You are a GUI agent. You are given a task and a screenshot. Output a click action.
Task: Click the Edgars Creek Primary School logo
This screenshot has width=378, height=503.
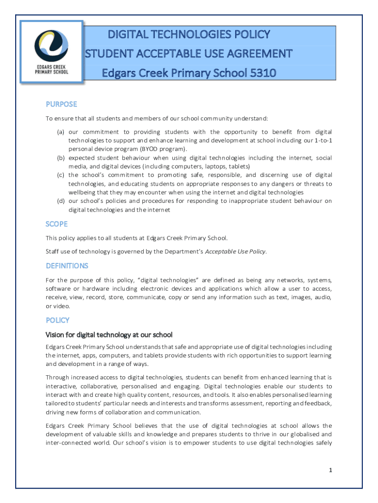51,50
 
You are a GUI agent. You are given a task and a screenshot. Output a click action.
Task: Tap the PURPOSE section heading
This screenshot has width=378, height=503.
61,104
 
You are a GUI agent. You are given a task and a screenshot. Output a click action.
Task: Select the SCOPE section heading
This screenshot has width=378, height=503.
56,224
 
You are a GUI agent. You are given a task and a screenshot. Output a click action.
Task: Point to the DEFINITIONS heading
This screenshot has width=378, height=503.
67,266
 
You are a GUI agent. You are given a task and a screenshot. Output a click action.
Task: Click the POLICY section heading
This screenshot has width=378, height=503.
57,320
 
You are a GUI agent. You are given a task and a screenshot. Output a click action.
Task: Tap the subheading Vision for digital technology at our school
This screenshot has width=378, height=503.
109,335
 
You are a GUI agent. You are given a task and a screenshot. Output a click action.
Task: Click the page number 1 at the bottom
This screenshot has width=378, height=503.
331,471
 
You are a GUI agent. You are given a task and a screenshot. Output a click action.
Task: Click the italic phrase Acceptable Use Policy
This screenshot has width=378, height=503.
235,251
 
